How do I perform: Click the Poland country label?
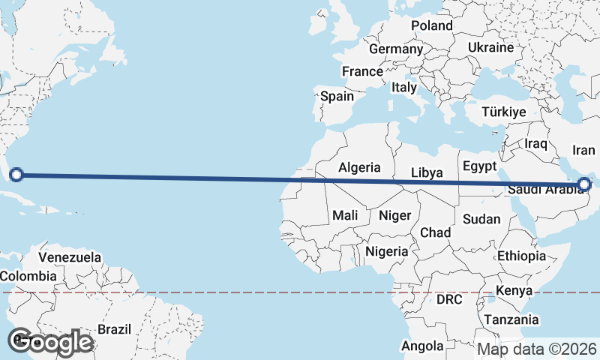click(x=431, y=25)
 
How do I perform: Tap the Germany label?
click(x=396, y=49)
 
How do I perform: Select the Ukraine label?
click(x=490, y=47)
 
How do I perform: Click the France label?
click(x=362, y=72)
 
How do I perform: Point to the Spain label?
click(x=337, y=96)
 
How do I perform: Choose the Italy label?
click(x=403, y=88)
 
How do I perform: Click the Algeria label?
click(x=359, y=168)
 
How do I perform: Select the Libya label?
click(x=427, y=173)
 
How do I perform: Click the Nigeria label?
click(x=387, y=251)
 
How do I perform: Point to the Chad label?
click(x=435, y=232)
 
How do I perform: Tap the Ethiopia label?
click(x=521, y=256)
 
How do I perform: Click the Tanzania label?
click(x=511, y=319)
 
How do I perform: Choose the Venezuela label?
click(x=70, y=257)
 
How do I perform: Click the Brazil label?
click(x=115, y=328)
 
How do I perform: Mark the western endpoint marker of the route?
click(x=16, y=175)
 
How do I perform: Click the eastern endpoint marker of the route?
click(x=584, y=184)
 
